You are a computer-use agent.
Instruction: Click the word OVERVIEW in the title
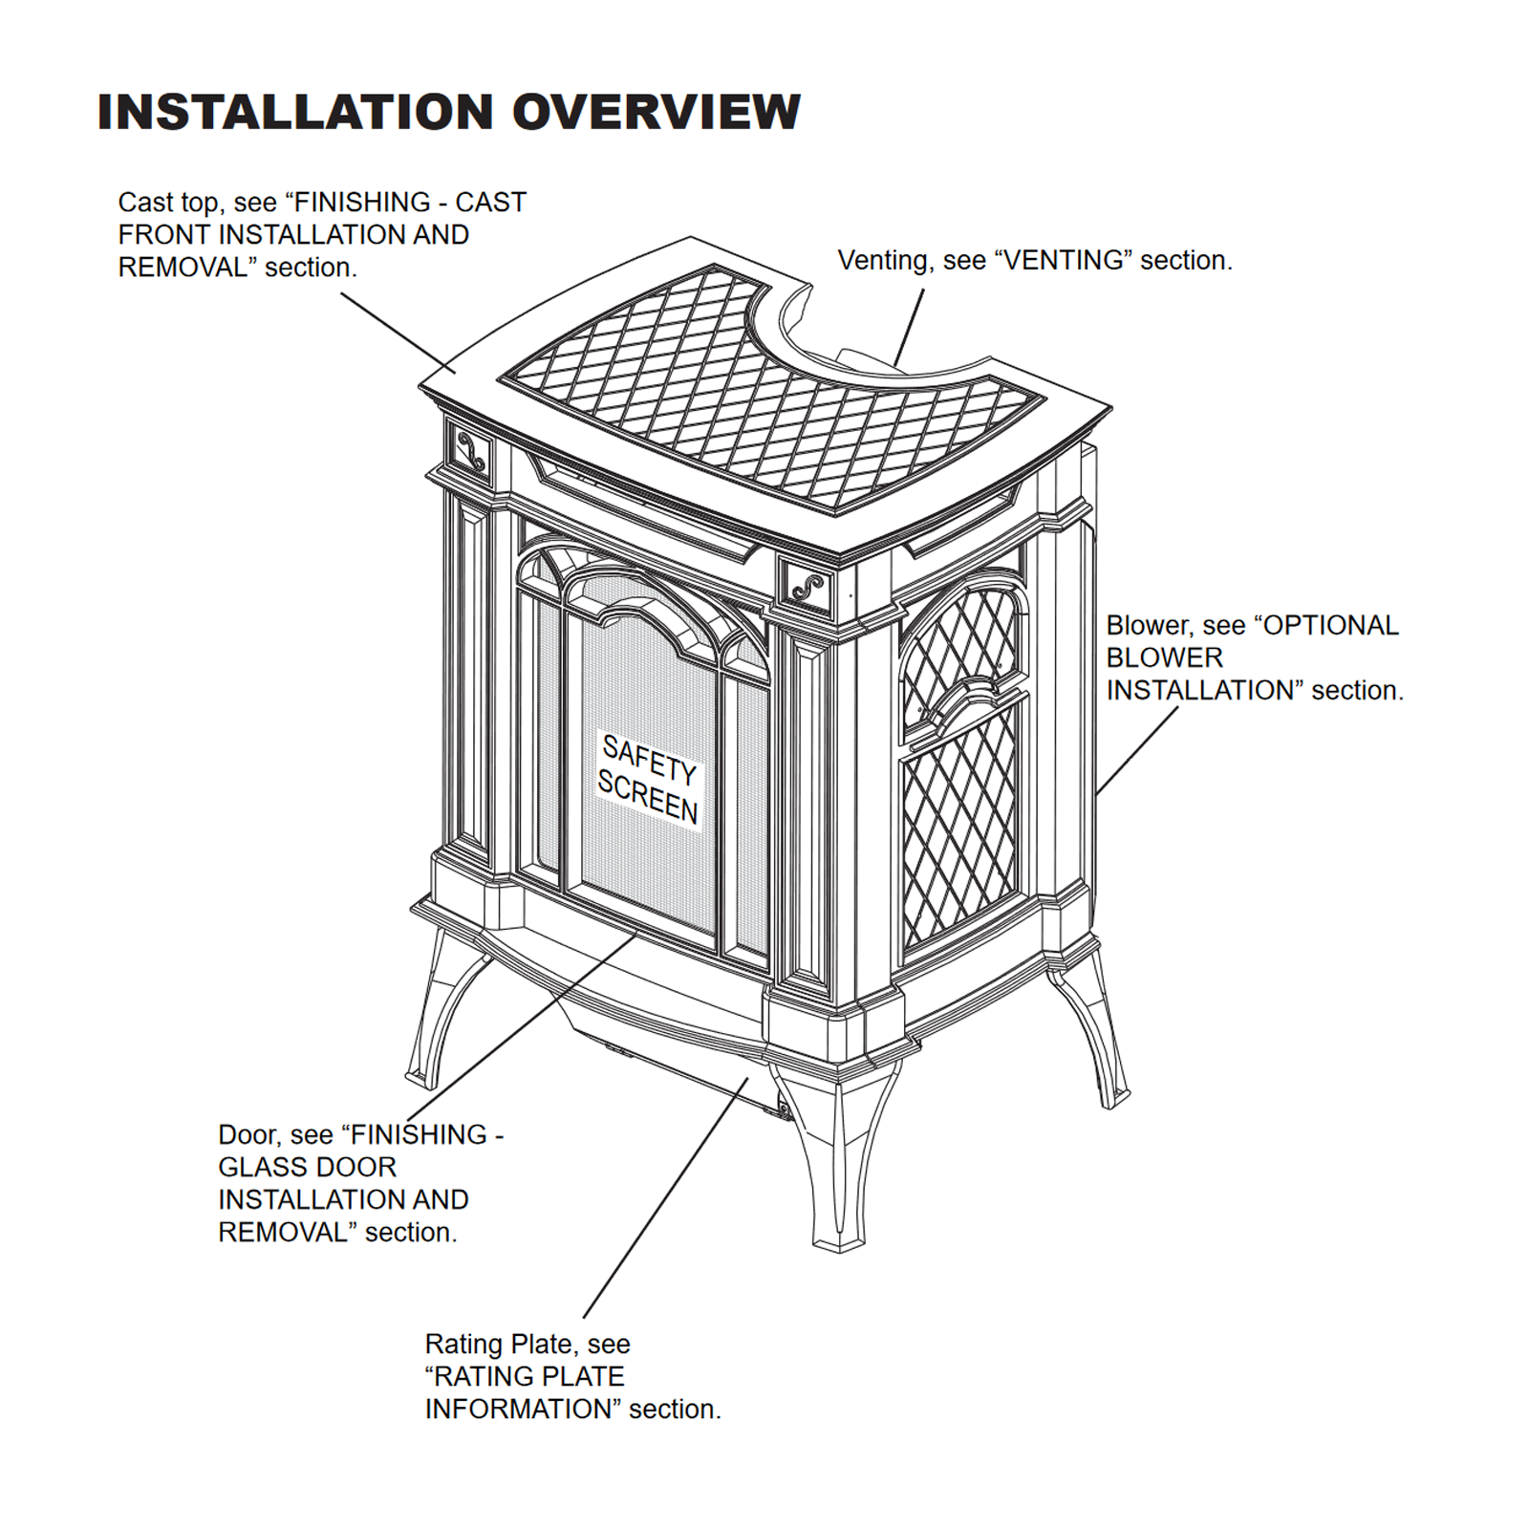(x=657, y=112)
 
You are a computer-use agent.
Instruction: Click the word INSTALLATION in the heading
(x=298, y=112)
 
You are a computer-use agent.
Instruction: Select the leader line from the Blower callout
(x=1137, y=750)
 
